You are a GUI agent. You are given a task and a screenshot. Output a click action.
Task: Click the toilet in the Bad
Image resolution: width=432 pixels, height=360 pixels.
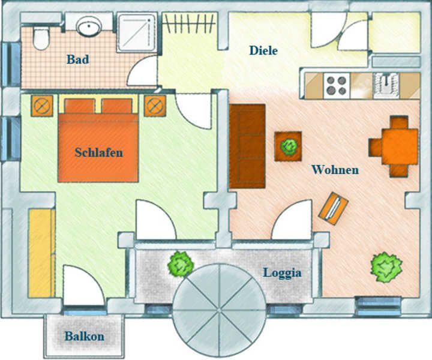41,38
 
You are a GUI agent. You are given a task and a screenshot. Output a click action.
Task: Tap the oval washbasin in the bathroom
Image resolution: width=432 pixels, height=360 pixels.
89,26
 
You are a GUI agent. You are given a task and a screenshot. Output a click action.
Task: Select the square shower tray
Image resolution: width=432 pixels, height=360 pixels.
137,32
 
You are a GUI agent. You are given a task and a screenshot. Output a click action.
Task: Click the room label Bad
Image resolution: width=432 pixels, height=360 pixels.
78,59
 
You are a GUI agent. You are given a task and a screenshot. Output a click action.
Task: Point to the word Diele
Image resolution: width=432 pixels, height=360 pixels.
263,50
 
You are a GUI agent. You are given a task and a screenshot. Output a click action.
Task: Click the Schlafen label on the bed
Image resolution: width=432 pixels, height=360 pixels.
98,152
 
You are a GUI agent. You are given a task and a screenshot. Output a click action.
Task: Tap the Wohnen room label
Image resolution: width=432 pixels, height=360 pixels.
335,170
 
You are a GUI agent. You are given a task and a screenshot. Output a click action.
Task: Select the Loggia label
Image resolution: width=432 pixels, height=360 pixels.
282,272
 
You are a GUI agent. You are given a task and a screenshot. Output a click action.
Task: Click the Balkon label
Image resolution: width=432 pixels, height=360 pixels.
85,337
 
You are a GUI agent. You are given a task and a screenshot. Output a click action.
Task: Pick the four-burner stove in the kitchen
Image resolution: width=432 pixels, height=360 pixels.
337,85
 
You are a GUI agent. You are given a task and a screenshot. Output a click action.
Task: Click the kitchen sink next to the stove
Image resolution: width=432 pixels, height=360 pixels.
386,85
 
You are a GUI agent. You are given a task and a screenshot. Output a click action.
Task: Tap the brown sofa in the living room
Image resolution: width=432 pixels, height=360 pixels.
247,146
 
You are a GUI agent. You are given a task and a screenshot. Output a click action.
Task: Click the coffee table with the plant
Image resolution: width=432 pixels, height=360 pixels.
288,146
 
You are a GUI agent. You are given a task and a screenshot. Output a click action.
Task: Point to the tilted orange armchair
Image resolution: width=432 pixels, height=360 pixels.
334,208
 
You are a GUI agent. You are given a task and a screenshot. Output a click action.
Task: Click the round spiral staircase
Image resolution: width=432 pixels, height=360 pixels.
220,310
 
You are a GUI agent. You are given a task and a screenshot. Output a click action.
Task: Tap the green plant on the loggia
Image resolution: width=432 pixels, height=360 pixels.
181,265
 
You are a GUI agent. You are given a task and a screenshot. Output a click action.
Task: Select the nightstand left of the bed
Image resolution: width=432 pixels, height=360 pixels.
42,106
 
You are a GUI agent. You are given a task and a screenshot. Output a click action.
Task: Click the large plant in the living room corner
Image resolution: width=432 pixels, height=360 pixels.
386,267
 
